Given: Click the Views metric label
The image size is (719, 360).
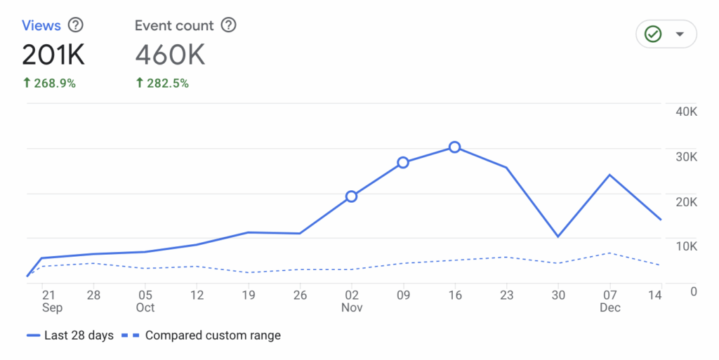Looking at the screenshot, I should [x=41, y=26].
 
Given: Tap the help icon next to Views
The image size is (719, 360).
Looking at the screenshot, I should [x=75, y=26].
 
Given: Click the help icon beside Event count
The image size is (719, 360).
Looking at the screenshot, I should [x=228, y=26].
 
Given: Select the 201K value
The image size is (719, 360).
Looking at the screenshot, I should [x=53, y=55].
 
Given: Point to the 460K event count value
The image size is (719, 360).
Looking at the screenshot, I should [x=170, y=55].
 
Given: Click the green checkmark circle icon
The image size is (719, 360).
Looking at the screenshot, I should [x=654, y=34].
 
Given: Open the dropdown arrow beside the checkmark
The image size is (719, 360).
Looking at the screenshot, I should [x=679, y=34].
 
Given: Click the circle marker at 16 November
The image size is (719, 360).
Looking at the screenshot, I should [x=455, y=147].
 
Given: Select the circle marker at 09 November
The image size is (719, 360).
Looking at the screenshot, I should [x=403, y=163].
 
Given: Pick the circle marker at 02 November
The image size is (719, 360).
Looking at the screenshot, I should [x=351, y=196].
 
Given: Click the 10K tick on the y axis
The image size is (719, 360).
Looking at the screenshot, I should [x=685, y=246].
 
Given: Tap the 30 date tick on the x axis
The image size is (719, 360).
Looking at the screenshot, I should [x=558, y=295].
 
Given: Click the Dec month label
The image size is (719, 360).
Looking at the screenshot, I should [x=609, y=307].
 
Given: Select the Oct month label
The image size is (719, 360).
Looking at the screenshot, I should [x=145, y=307].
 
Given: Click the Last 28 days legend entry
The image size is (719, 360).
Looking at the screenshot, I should [x=70, y=335].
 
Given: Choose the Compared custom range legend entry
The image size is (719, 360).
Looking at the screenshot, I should [x=203, y=335].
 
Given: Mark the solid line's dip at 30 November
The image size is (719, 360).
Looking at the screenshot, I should [x=558, y=236].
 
